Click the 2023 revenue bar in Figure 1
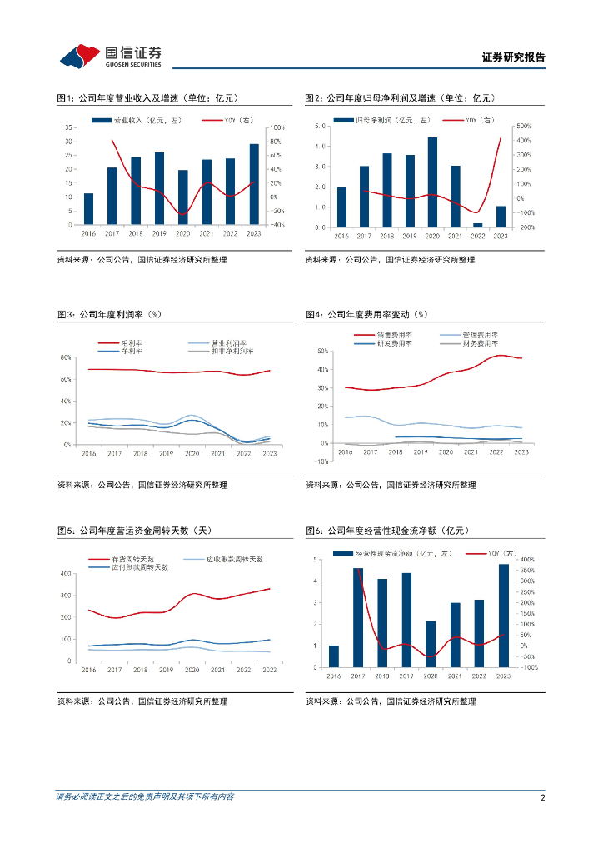(253, 184)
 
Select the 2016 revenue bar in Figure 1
(88, 208)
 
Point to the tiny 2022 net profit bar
(478, 225)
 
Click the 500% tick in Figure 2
(523, 127)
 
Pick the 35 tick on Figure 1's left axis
(72, 127)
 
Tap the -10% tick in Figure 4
(321, 461)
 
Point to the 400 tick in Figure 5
(65, 574)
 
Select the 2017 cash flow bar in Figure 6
(358, 617)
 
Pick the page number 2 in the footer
(542, 797)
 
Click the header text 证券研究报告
(514, 57)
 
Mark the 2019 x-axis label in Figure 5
(166, 670)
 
